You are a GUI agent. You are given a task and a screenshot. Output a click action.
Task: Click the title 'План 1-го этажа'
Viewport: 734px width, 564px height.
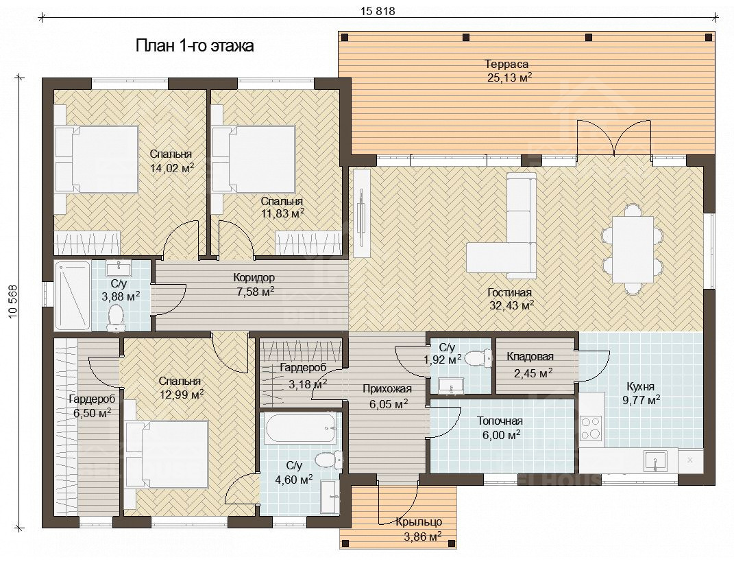click(195, 46)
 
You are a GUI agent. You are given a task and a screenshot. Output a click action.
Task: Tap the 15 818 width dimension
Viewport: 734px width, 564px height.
click(378, 11)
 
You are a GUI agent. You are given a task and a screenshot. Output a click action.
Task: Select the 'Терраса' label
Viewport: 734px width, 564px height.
click(506, 64)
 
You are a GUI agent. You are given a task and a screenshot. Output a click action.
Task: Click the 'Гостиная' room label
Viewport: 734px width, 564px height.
click(509, 292)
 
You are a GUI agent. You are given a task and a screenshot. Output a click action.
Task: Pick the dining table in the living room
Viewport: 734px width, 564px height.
click(633, 249)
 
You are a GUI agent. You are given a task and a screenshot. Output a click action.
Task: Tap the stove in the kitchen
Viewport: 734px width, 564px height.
click(591, 427)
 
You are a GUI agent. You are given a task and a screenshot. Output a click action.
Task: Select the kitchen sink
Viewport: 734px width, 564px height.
click(655, 460)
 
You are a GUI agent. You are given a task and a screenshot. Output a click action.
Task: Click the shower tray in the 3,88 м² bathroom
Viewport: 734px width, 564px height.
click(73, 295)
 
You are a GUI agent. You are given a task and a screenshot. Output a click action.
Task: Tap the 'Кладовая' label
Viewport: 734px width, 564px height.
click(530, 357)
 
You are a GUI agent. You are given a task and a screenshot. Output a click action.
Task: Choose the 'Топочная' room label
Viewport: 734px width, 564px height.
click(500, 421)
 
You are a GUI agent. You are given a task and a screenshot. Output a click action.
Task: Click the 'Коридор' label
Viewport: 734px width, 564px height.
click(254, 278)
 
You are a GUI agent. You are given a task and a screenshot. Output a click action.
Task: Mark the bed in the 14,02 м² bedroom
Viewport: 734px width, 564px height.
click(97, 159)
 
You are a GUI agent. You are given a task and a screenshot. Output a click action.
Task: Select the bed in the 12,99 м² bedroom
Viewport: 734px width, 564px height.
click(167, 454)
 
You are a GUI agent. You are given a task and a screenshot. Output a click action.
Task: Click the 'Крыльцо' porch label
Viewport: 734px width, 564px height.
click(419, 522)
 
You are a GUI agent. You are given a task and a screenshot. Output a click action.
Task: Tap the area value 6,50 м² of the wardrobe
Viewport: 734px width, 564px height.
click(93, 413)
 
